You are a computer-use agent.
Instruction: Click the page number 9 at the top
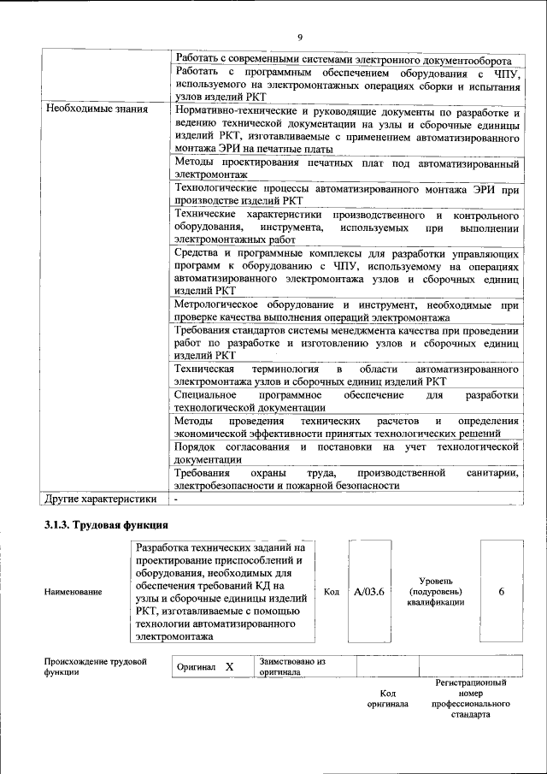(300, 37)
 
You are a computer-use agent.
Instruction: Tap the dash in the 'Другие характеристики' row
(176, 499)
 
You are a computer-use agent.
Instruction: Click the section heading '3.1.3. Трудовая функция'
(105, 524)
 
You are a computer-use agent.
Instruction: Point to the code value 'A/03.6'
(371, 591)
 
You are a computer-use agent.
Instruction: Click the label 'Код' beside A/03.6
(332, 591)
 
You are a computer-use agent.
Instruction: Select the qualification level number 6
(501, 591)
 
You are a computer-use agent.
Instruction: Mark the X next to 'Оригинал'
(228, 666)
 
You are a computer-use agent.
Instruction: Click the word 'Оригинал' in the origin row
(196, 666)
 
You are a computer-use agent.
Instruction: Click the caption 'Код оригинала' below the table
(387, 698)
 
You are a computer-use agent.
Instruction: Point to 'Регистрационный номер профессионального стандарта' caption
(470, 698)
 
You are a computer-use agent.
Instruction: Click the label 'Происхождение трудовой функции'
(95, 667)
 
